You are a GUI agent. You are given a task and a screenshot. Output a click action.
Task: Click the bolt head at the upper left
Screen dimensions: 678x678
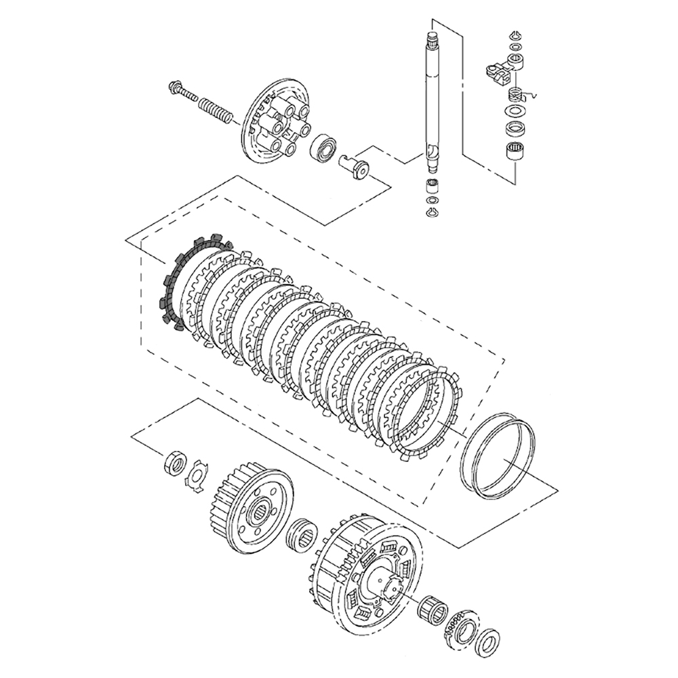pyautogui.click(x=174, y=87)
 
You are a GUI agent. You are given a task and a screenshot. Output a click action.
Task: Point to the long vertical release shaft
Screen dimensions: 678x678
pyautogui.click(x=431, y=102)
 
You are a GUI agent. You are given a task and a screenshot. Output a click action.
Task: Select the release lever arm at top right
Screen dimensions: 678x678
pyautogui.click(x=500, y=69)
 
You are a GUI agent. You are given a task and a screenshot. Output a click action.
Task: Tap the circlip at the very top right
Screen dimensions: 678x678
pyautogui.click(x=515, y=35)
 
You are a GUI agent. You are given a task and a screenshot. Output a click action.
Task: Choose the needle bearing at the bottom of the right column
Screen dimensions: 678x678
pyautogui.click(x=516, y=151)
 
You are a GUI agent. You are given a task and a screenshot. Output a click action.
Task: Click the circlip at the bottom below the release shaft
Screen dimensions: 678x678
pyautogui.click(x=432, y=214)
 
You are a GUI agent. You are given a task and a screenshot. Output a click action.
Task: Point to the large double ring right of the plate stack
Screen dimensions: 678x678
pyautogui.click(x=498, y=458)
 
